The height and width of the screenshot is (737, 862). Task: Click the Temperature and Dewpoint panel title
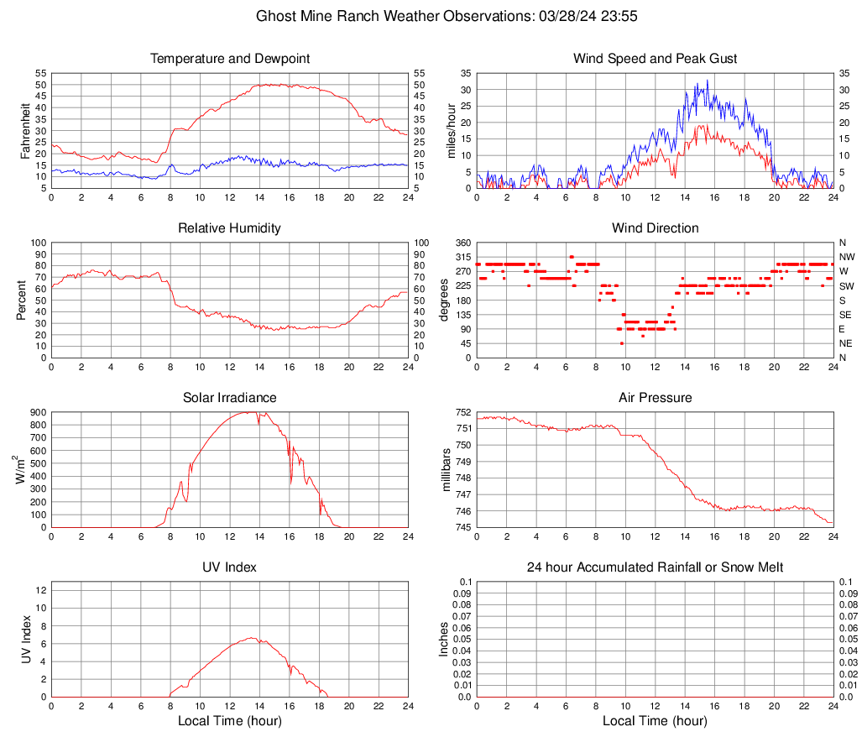(229, 59)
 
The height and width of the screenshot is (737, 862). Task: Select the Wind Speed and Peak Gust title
(655, 59)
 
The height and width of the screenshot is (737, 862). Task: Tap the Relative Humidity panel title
(229, 228)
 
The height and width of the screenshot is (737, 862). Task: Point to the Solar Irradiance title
(229, 398)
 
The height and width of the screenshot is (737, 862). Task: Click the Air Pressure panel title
(655, 398)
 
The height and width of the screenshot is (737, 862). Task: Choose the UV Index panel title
(229, 567)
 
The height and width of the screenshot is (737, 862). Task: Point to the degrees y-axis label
(444, 300)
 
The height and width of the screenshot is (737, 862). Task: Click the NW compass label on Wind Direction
(847, 257)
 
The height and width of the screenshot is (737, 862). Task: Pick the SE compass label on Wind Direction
(846, 315)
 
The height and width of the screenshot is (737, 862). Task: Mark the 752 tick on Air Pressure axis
(462, 412)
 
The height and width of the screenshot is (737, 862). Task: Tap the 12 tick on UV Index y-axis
(40, 590)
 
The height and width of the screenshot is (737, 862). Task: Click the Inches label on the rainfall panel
(445, 640)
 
